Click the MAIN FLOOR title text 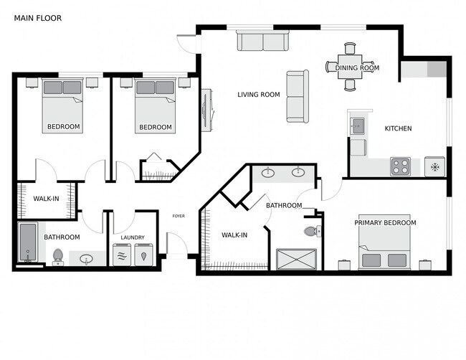[38, 18]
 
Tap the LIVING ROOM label [259, 95]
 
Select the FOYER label [179, 216]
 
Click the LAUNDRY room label [133, 237]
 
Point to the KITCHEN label [398, 128]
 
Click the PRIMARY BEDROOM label [385, 222]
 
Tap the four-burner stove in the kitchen [400, 166]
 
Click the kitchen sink [358, 126]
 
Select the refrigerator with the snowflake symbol [434, 167]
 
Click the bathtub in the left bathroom [28, 242]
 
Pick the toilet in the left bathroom [57, 257]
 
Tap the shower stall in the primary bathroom [296, 260]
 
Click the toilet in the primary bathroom [313, 231]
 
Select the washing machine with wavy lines [122, 255]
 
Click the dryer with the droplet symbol [144, 255]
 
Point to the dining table [350, 67]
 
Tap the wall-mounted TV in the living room [206, 110]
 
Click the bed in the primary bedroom [384, 242]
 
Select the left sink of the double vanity [268, 173]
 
